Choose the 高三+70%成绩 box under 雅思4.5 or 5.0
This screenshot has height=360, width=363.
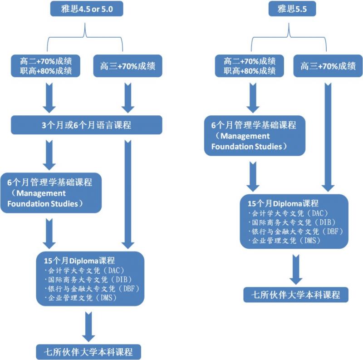coord(128,66)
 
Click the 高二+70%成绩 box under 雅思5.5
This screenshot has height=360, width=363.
coord(250,66)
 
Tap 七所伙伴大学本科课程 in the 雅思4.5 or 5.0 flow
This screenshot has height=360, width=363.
coord(88,351)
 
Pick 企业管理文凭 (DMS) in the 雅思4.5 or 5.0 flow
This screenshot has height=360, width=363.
coord(82,298)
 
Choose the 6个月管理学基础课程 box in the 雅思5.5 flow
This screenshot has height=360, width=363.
coord(253,135)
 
